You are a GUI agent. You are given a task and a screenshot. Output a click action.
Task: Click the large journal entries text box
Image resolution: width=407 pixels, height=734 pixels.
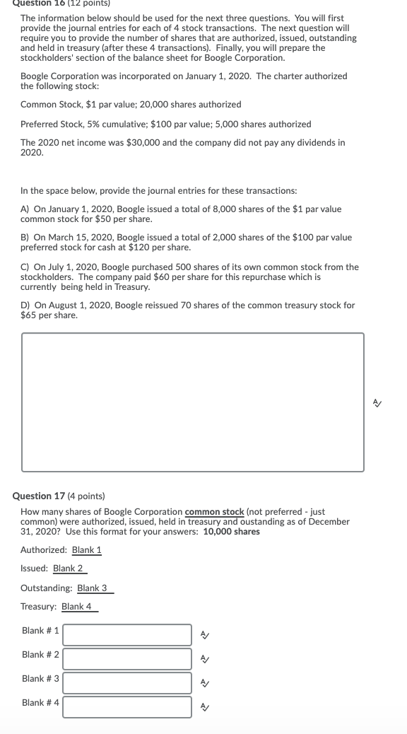tap(192, 402)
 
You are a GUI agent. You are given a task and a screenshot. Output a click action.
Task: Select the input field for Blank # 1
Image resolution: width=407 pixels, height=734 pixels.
tap(127, 634)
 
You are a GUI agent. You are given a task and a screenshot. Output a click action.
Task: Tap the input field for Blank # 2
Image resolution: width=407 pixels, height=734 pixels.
tap(127, 658)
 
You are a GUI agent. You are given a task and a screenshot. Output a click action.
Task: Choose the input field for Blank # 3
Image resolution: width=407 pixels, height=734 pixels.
tap(127, 682)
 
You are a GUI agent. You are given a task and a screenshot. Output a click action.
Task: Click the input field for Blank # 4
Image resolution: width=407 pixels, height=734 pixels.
tap(127, 706)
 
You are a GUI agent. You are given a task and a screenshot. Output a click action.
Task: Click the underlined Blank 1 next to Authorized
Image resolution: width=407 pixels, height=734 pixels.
tap(87, 549)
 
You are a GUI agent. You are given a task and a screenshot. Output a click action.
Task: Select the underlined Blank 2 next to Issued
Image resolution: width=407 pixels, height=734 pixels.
tap(68, 568)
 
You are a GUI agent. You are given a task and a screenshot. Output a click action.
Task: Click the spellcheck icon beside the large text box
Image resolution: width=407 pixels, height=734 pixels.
tap(378, 402)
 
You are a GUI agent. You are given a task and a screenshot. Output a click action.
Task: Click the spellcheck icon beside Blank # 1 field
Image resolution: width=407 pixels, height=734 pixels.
tap(204, 635)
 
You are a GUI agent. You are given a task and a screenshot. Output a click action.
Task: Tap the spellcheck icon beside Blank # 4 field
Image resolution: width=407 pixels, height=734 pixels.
tap(204, 707)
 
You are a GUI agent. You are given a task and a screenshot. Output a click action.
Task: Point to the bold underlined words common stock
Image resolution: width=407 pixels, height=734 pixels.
tap(214, 511)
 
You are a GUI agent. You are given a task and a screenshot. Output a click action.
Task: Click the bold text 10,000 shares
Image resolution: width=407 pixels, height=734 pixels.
tap(231, 531)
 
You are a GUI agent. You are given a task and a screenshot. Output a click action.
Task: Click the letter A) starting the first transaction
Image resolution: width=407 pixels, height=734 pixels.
tap(25, 209)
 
